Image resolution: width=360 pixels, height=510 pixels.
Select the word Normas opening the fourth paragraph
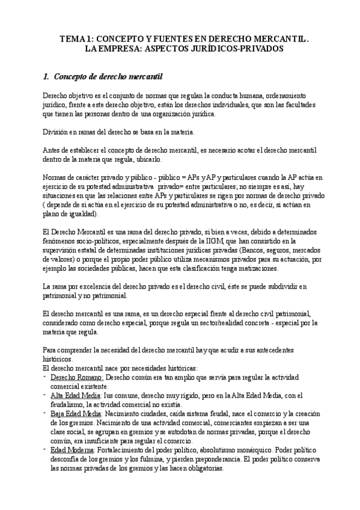[x=56, y=177]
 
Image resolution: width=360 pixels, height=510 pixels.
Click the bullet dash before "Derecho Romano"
[x=46, y=376]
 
